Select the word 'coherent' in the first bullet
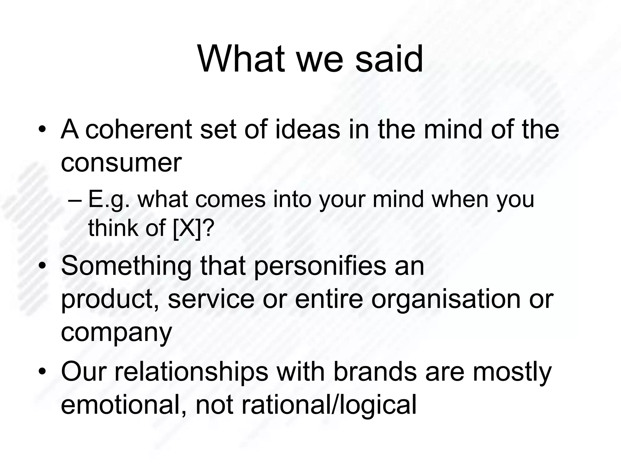[x=139, y=130]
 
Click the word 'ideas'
[x=307, y=130]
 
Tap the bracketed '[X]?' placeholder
[x=193, y=228]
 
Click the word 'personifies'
[x=320, y=266]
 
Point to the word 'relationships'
[x=191, y=372]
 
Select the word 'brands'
[x=375, y=372]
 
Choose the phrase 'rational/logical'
[x=329, y=405]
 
